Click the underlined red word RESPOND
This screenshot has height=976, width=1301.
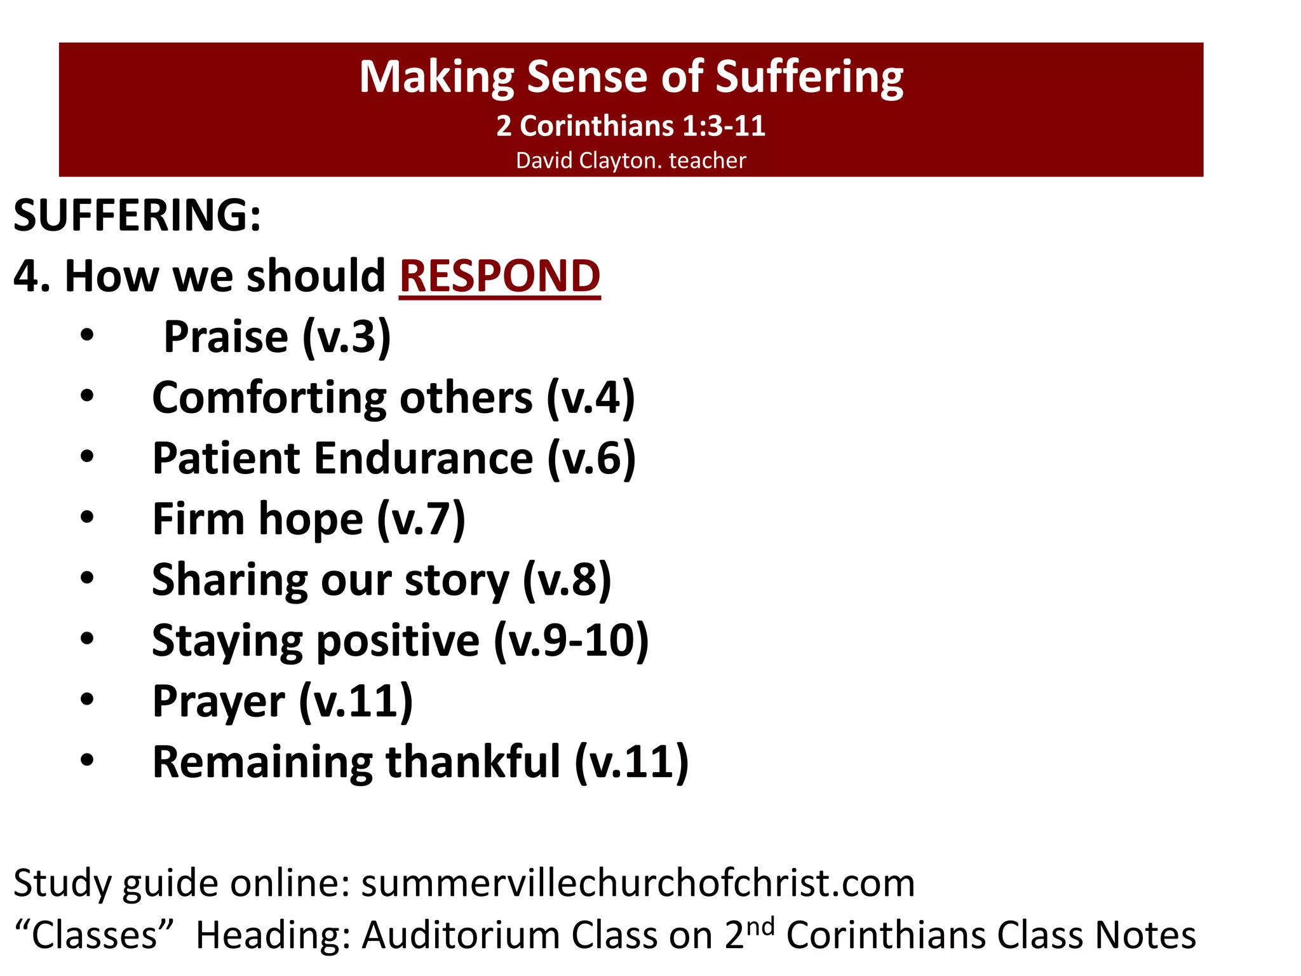point(499,276)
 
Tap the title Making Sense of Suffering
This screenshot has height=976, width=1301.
point(631,76)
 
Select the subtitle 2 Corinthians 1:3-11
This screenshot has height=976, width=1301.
point(631,126)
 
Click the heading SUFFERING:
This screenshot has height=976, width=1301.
point(137,215)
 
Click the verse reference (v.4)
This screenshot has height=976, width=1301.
point(590,398)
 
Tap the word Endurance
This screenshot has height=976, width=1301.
point(423,458)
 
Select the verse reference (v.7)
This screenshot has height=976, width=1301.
point(421,519)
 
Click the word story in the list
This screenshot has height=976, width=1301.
point(456,580)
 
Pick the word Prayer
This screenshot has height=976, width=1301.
point(218,701)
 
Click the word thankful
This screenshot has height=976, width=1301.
point(473,762)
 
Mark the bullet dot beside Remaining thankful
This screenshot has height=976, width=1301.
point(87,761)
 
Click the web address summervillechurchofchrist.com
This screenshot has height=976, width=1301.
point(638,883)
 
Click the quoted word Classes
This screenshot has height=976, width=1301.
point(94,935)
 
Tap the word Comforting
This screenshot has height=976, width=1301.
point(269,398)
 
